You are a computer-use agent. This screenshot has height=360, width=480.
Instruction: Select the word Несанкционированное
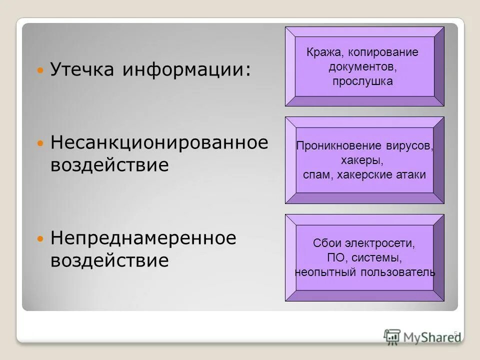[159, 142]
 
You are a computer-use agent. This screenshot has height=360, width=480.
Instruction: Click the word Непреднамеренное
[143, 237]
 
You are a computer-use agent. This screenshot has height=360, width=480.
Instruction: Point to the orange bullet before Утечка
[41, 70]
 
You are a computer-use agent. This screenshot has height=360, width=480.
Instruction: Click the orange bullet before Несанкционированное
[41, 143]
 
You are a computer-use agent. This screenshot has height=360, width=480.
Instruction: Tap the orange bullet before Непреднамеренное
[41, 238]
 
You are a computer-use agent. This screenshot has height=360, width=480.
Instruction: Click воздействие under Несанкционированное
[109, 165]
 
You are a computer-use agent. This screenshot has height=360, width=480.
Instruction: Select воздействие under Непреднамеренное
[109, 260]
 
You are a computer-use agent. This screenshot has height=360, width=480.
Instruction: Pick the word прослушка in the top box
[363, 81]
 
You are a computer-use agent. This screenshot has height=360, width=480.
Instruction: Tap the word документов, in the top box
[363, 66]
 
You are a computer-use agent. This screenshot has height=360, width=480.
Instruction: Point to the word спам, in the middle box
[317, 174]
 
